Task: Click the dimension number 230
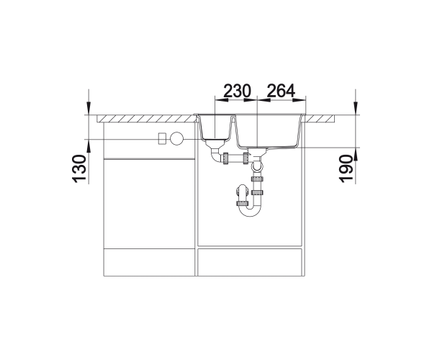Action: point(237,91)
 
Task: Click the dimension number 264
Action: point(281,91)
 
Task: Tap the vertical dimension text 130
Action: point(79,169)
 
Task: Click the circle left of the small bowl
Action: point(176,138)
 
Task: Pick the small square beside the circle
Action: point(162,138)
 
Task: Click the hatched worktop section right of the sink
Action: point(320,119)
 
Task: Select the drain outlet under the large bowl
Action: point(257,151)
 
